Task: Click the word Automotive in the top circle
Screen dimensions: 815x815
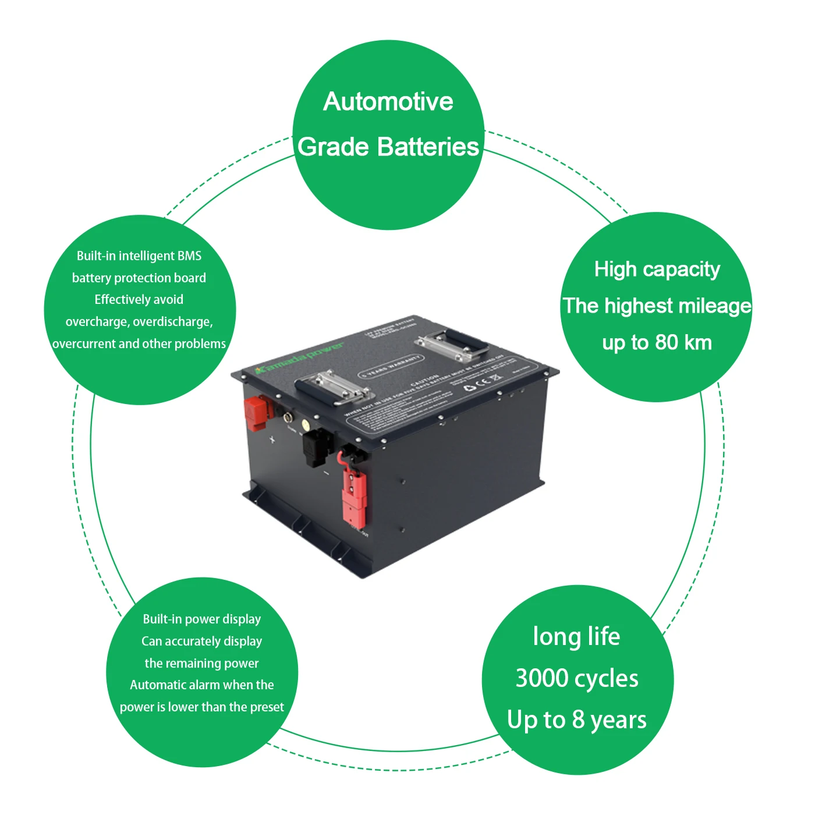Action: tap(388, 102)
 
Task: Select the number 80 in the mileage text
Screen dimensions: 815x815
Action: tap(667, 342)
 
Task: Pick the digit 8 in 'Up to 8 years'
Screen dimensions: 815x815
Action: tap(578, 720)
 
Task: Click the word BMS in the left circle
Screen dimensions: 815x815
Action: tap(189, 256)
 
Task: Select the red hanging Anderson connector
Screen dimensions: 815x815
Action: tap(354, 495)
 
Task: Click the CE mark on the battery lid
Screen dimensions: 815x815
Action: tap(483, 382)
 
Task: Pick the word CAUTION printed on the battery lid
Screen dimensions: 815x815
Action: tap(424, 381)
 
